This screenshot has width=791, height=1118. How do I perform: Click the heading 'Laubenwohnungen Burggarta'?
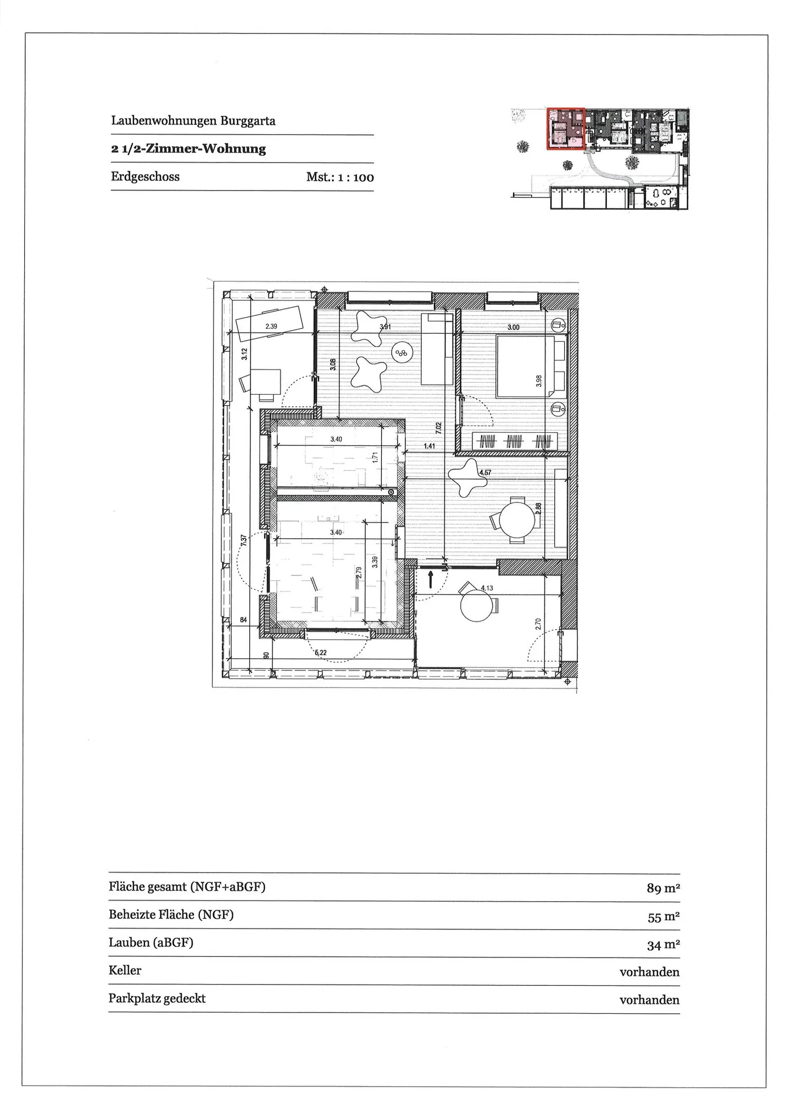click(x=193, y=121)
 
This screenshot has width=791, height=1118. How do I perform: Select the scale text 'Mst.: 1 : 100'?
click(x=340, y=177)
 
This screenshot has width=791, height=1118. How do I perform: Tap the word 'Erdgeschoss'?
click(x=145, y=177)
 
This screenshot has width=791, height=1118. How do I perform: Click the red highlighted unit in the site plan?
click(x=565, y=128)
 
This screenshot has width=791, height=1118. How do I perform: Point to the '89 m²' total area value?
click(x=664, y=888)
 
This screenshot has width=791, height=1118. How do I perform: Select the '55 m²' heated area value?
click(x=664, y=916)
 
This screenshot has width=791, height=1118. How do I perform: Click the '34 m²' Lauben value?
click(x=664, y=945)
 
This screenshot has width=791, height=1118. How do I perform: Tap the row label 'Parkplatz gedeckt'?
click(x=157, y=998)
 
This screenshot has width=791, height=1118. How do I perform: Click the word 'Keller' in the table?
click(x=125, y=970)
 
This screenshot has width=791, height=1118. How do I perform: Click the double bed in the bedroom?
click(x=526, y=366)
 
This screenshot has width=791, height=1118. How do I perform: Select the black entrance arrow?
click(x=431, y=579)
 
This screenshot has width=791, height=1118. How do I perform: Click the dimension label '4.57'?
click(x=485, y=472)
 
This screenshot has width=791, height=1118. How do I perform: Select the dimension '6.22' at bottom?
click(x=321, y=652)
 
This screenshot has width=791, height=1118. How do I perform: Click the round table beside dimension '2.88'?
click(x=517, y=520)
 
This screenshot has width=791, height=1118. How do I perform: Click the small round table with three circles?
click(x=402, y=354)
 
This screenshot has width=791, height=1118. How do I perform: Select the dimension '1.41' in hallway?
click(x=429, y=446)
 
